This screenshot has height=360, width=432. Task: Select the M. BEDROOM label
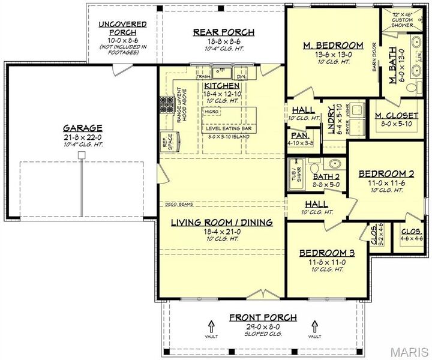(333, 45)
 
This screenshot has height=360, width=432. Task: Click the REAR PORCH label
(223, 32)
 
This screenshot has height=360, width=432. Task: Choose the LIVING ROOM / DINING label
(221, 222)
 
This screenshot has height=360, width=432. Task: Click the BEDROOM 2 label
(386, 174)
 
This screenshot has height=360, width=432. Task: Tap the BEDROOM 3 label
(327, 253)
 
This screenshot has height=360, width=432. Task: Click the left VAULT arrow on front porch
(211, 327)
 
